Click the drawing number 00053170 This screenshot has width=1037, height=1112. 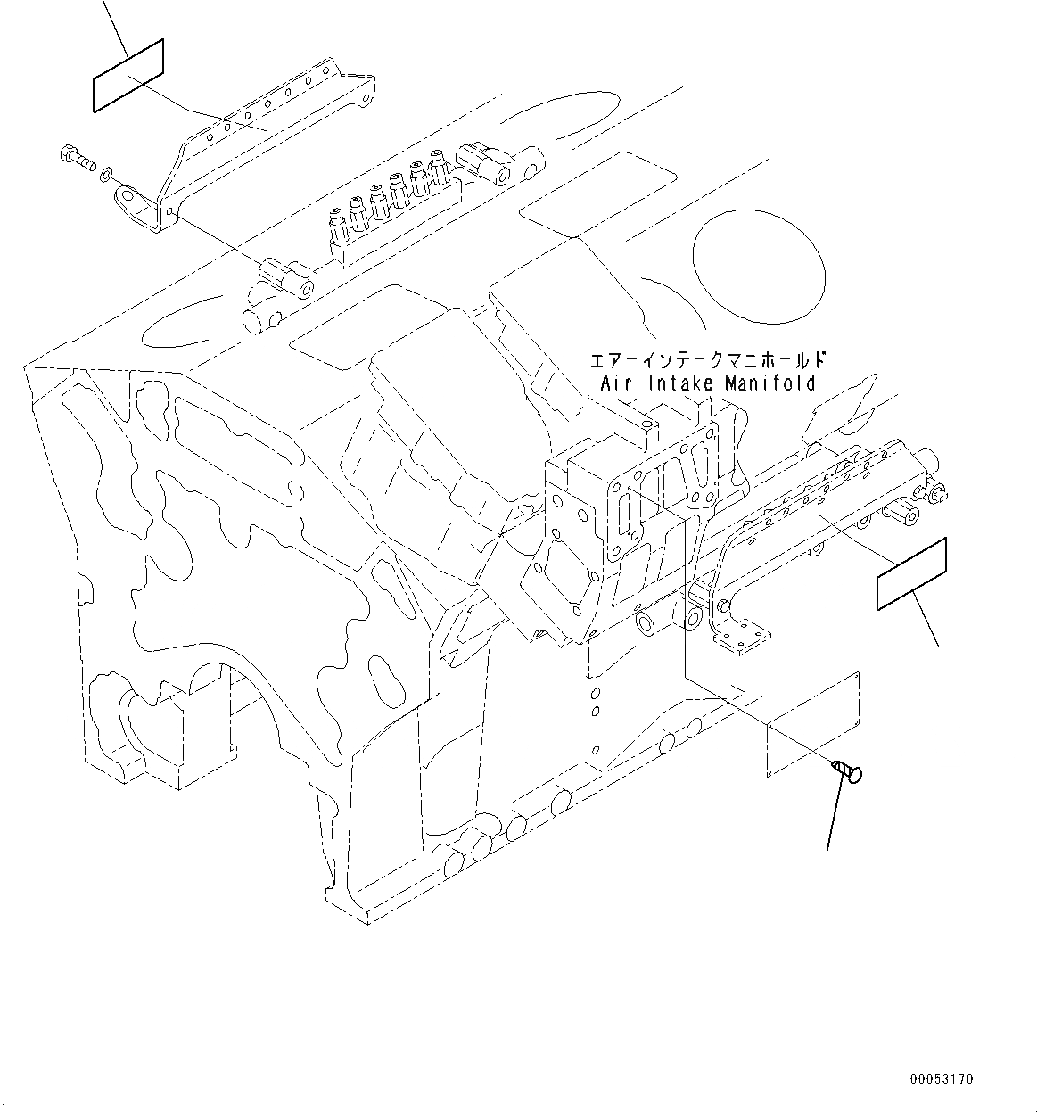tap(942, 1080)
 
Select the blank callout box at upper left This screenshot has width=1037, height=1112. tap(128, 76)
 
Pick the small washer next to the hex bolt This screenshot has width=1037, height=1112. tap(107, 171)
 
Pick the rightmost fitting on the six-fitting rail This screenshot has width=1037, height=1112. tap(438, 162)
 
